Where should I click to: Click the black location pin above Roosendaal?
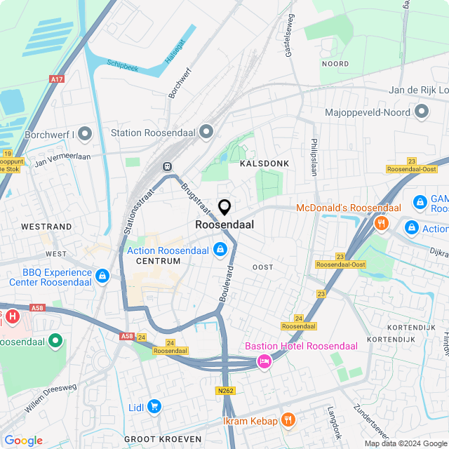point(224,207)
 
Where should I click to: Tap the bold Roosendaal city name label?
point(224,224)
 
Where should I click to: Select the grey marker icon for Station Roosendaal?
point(206,131)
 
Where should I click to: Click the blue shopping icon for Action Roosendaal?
point(220,250)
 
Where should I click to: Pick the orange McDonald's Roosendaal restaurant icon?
point(382,223)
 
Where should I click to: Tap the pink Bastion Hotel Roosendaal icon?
point(264,361)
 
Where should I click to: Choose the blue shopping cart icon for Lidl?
point(154,407)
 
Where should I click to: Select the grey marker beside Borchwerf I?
point(85,133)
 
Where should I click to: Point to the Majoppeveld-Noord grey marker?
point(422,112)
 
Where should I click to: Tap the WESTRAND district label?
point(46,227)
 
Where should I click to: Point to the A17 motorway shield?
point(58,80)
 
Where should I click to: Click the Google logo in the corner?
point(23,440)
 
